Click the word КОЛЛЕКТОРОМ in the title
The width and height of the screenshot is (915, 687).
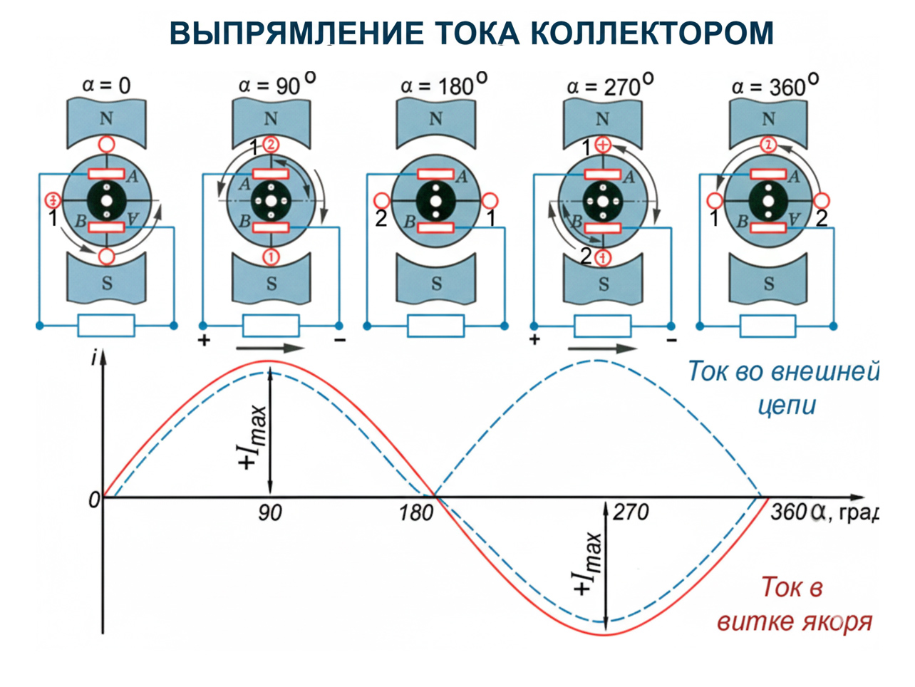pyautogui.click(x=651, y=33)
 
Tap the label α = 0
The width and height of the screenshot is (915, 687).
pyautogui.click(x=106, y=86)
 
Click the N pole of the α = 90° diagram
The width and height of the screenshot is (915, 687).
pyautogui.click(x=271, y=118)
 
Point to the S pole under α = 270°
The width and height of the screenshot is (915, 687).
pyautogui.click(x=603, y=284)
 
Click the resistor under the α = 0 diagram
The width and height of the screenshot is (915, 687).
pyautogui.click(x=106, y=326)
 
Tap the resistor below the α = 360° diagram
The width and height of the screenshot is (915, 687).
pyautogui.click(x=767, y=326)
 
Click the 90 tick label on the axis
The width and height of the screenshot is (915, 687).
pyautogui.click(x=269, y=512)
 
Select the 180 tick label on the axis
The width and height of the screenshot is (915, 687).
pyautogui.click(x=415, y=512)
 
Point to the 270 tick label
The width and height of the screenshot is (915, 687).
pyautogui.click(x=631, y=512)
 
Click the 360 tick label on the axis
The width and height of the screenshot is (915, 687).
pyautogui.click(x=787, y=512)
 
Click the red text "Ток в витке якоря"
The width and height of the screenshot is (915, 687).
pyautogui.click(x=794, y=604)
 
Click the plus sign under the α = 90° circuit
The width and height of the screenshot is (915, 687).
pyautogui.click(x=205, y=340)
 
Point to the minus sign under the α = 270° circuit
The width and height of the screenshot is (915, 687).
pyautogui.click(x=671, y=341)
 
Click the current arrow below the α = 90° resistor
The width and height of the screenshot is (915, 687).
pyautogui.click(x=269, y=348)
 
